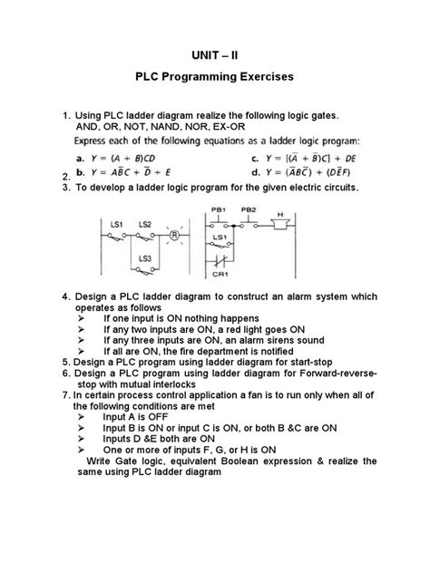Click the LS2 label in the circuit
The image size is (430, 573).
click(x=145, y=223)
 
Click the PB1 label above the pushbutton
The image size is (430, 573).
click(x=219, y=209)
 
